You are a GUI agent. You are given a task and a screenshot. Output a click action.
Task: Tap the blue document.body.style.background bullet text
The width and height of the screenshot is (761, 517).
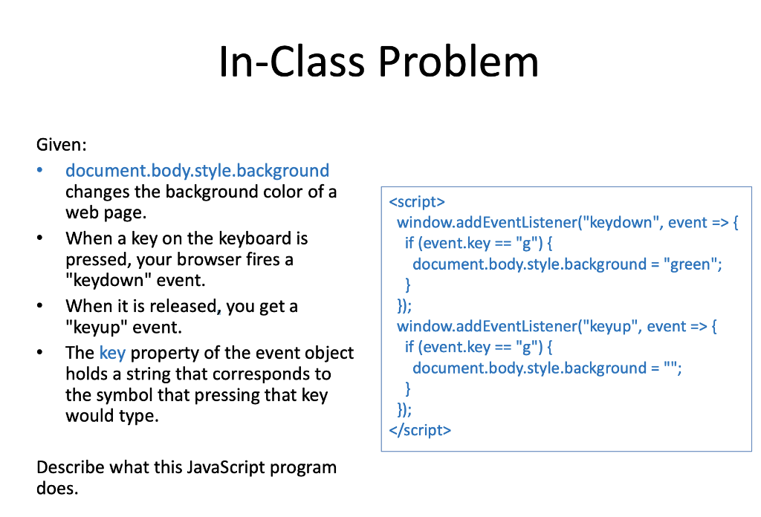click(x=197, y=171)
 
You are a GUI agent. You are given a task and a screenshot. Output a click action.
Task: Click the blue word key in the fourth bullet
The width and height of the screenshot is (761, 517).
click(x=112, y=353)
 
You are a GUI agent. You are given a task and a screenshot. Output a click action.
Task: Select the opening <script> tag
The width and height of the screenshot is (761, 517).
click(x=416, y=202)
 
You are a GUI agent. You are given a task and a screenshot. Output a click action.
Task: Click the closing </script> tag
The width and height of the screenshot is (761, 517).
click(x=419, y=430)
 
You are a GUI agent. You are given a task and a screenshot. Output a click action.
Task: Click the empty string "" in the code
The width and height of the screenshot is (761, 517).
click(x=672, y=368)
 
